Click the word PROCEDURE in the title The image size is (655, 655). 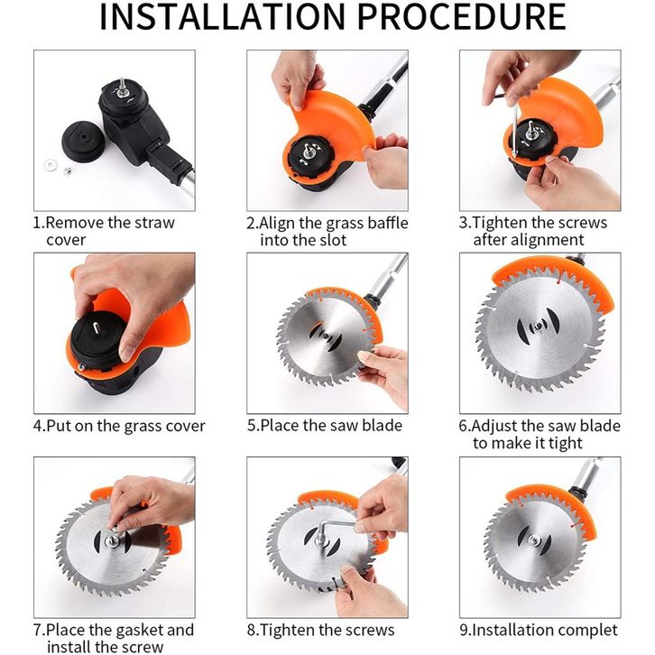coord(462,17)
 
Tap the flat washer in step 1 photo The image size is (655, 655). coord(51,165)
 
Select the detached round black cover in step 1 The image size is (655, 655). coord(83,141)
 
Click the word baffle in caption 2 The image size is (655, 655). coord(388,223)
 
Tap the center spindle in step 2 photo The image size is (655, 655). coord(310,150)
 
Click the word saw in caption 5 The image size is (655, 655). coord(344,426)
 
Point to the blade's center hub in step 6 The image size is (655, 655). coord(538,326)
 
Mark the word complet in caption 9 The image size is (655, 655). coord(587,631)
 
